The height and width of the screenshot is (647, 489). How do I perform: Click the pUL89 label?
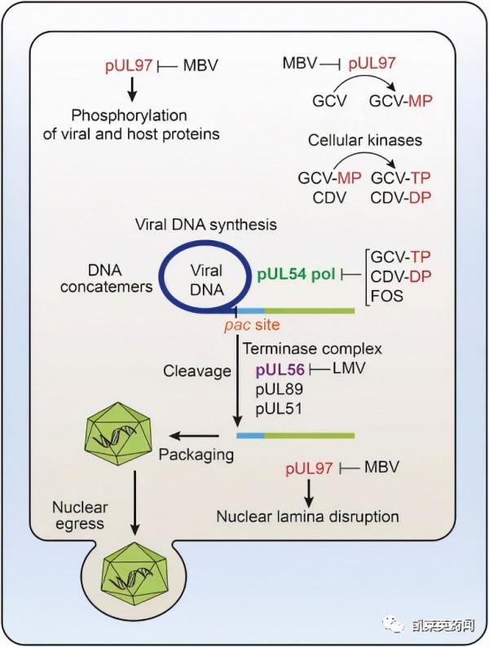279,390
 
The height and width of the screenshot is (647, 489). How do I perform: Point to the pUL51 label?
279,408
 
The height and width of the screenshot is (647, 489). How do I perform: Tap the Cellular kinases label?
365,140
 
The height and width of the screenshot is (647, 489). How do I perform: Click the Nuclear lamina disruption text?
307,516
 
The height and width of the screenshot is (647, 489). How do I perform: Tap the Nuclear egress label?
80,516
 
